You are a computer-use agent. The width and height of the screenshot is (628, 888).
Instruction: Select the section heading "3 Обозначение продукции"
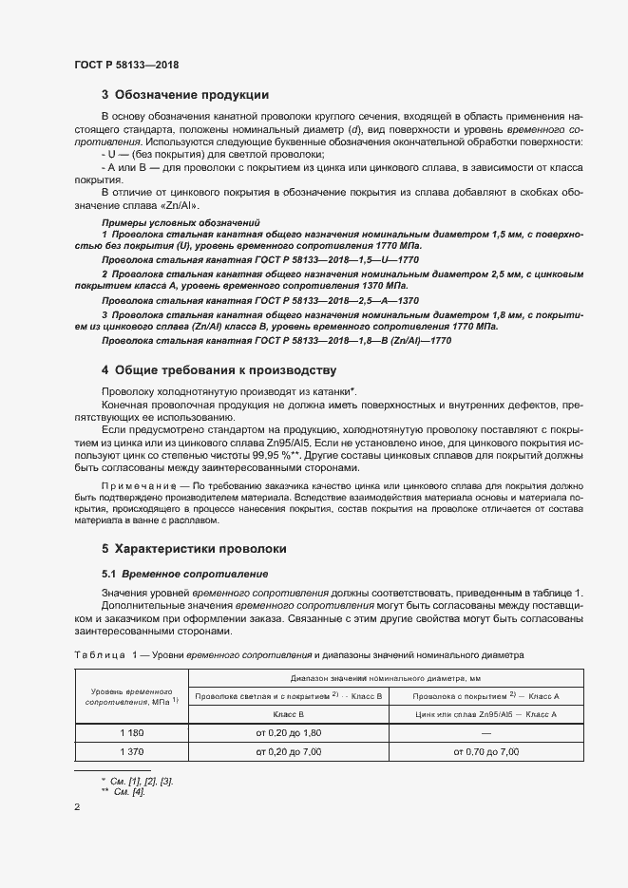tap(185, 95)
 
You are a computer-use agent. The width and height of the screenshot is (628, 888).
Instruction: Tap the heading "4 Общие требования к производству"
tap(219, 370)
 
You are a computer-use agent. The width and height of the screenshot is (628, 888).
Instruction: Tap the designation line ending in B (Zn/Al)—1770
tap(276, 339)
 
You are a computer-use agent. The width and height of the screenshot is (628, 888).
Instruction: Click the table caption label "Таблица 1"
tap(100, 655)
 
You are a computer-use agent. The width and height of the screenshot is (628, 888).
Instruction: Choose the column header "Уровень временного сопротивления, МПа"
tap(131, 697)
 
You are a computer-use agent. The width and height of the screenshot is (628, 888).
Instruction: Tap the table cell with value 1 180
tap(131, 732)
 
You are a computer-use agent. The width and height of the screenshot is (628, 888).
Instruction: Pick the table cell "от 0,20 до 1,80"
tap(289, 732)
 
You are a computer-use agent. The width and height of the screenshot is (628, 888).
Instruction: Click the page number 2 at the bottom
tap(77, 807)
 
